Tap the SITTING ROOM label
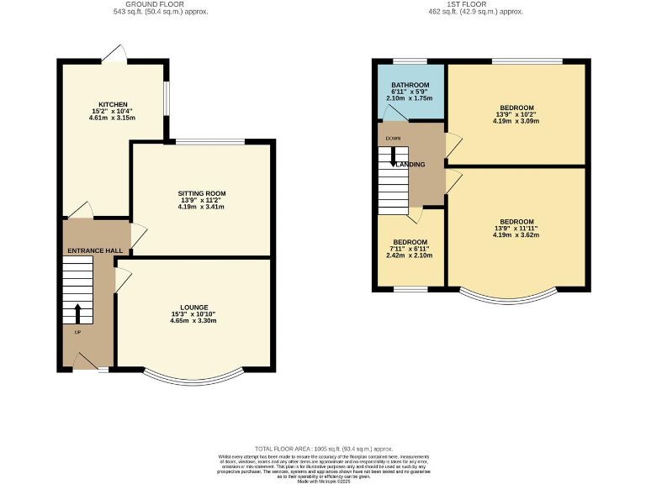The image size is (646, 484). tap(201, 193)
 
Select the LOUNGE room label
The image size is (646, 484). tap(193, 308)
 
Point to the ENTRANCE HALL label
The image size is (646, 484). tap(96, 251)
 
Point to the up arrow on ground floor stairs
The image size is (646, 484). tap(78, 313)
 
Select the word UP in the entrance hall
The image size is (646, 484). tap(78, 331)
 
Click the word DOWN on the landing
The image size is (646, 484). tap(393, 138)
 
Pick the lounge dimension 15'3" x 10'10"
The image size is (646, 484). tap(193, 314)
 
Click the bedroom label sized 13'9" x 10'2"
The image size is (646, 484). tap(516, 108)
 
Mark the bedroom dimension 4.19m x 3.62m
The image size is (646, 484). tap(516, 234)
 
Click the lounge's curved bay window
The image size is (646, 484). tap(193, 379)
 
